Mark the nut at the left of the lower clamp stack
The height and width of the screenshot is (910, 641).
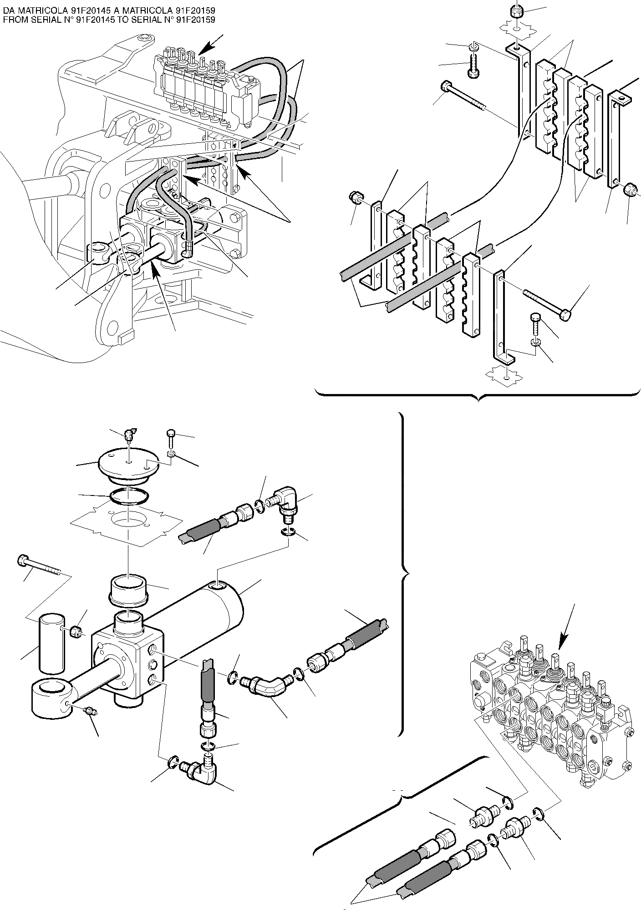(356, 198)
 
